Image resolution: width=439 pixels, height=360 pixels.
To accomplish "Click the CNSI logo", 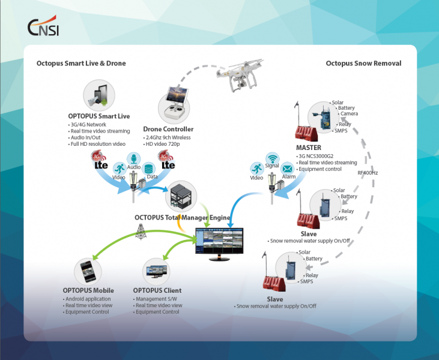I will (43, 27).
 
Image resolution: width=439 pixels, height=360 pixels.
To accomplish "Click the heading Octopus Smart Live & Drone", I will (81, 63).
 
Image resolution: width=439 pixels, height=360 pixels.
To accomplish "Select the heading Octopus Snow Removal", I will (363, 63).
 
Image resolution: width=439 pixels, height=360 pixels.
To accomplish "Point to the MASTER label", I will (309, 148).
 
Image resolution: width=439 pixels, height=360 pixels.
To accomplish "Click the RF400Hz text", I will (368, 173).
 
